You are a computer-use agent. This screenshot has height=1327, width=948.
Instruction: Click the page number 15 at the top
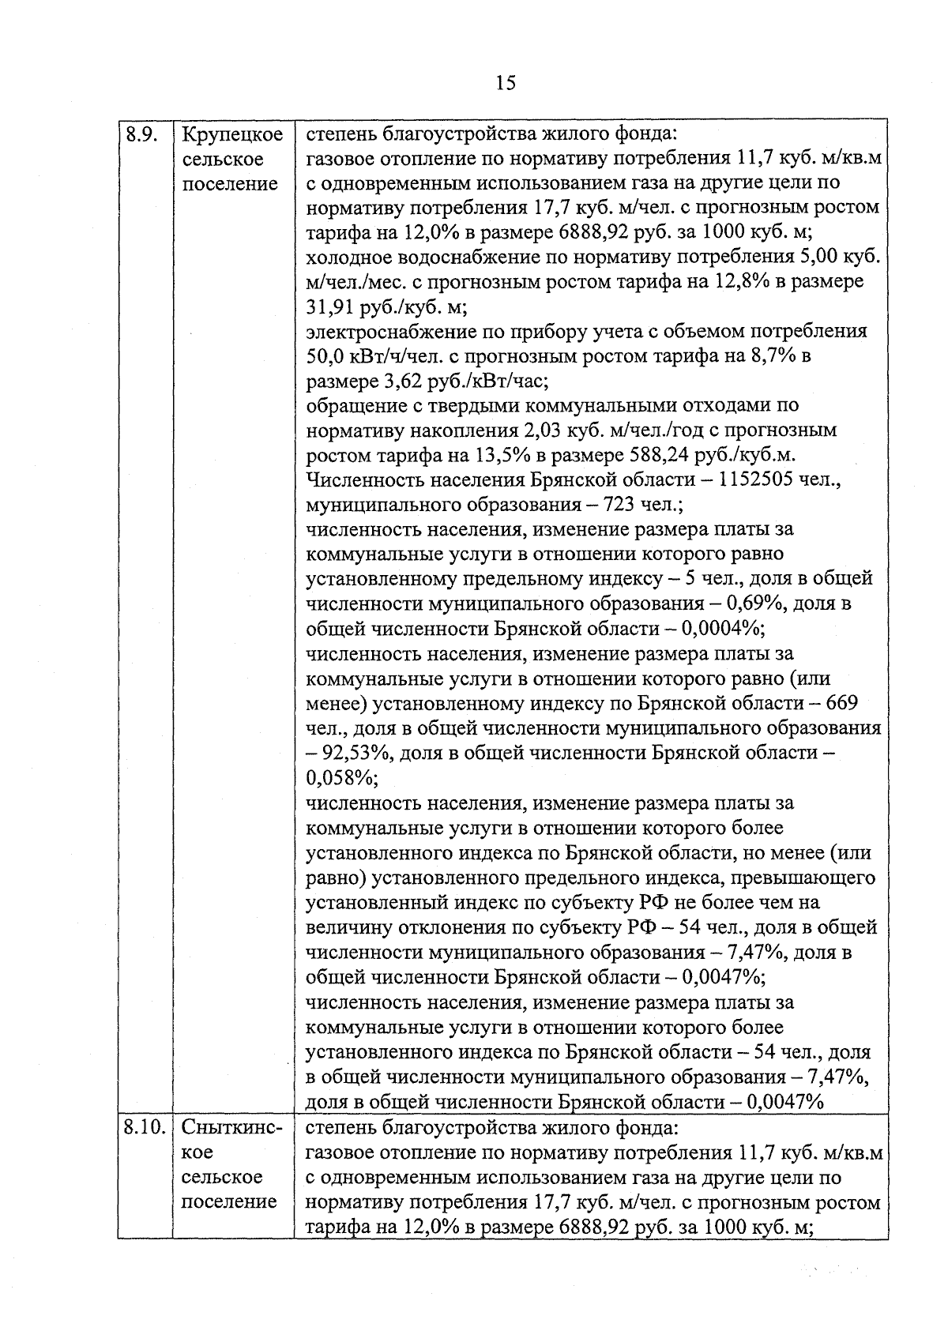pyautogui.click(x=506, y=82)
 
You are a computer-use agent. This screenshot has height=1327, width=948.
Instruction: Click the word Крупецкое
pyautogui.click(x=232, y=134)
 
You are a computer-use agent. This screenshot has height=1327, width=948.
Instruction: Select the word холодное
pyautogui.click(x=341, y=257)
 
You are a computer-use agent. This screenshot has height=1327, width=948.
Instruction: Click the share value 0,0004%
pyautogui.click(x=721, y=629)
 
